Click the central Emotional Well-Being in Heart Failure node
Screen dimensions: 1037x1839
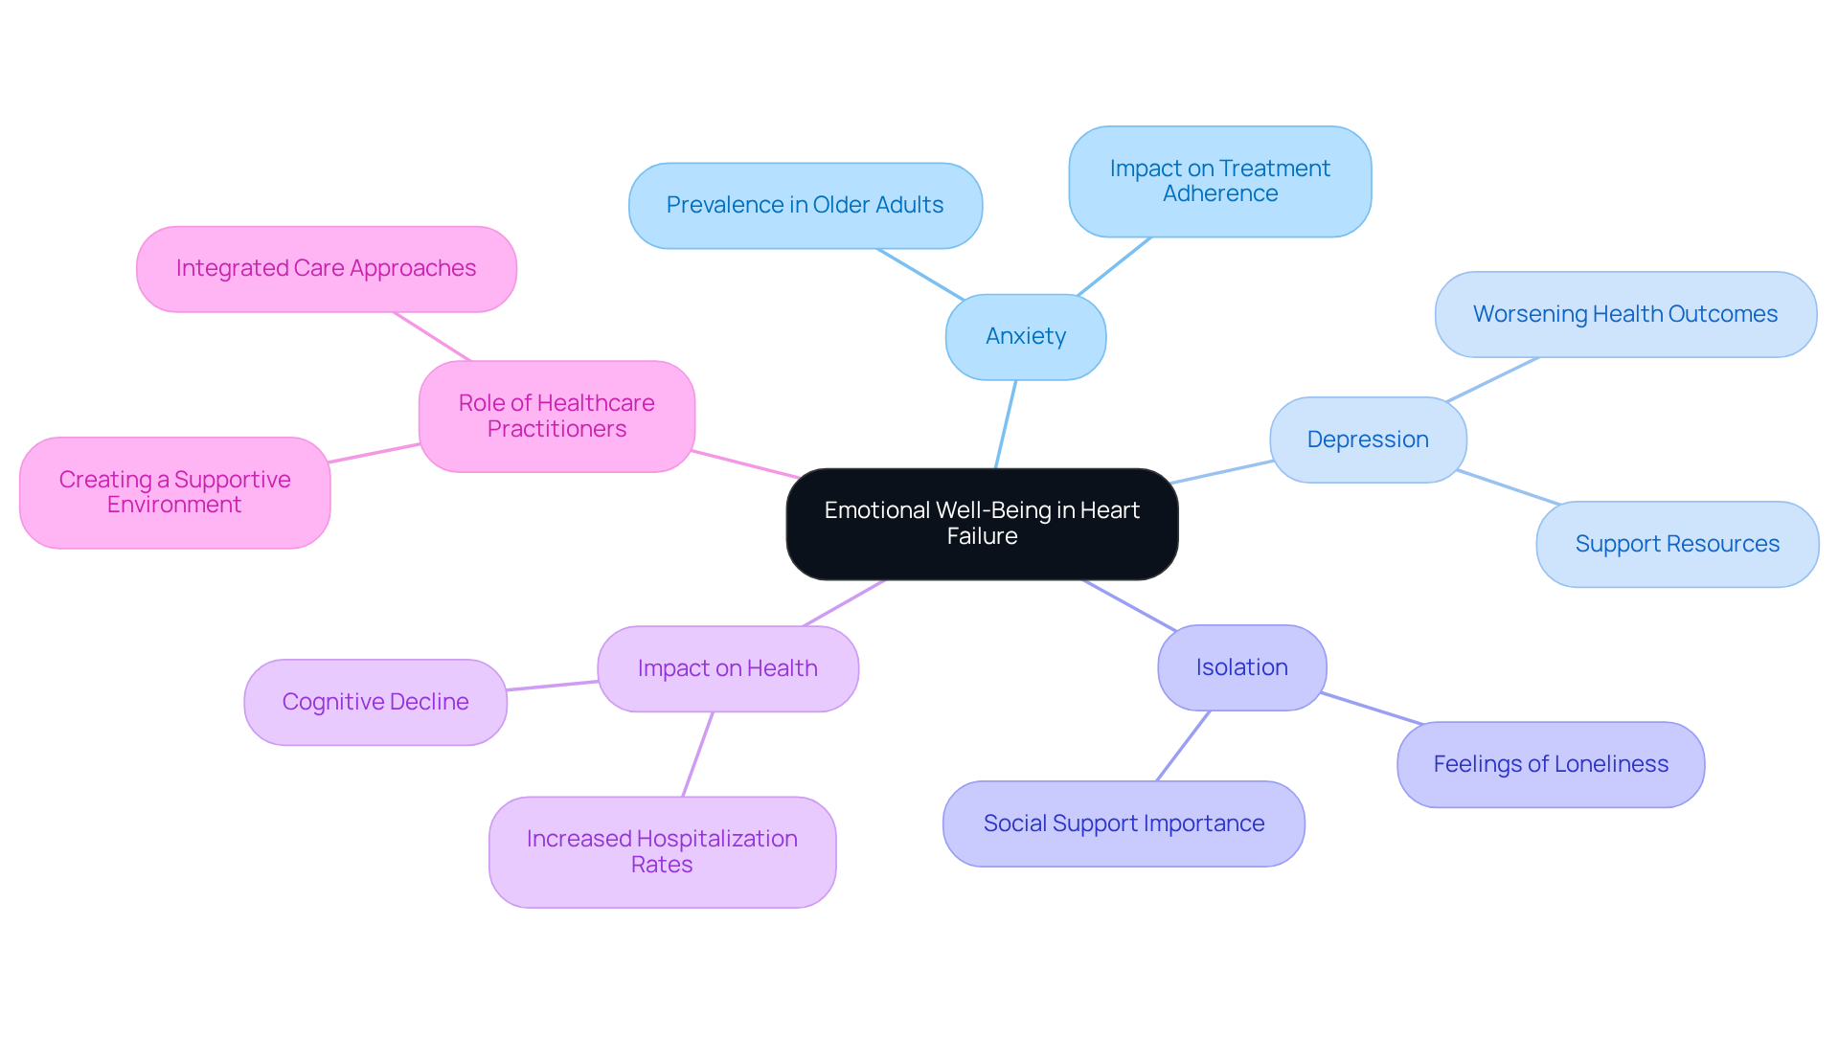coord(982,524)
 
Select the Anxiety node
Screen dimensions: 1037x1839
coord(1026,337)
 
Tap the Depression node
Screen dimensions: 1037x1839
coord(1368,440)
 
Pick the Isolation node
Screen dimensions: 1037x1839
coord(1241,667)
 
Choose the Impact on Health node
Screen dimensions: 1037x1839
coord(728,668)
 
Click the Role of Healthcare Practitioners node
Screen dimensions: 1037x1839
coord(556,416)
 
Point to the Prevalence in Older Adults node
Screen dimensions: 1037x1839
coord(805,205)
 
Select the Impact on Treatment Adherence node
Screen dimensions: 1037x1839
coord(1219,181)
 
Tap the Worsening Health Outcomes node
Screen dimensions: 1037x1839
coord(1625,314)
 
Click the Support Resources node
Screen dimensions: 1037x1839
coord(1677,544)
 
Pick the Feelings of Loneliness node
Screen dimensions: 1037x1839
coord(1551,764)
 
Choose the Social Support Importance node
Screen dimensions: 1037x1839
coord(1124,823)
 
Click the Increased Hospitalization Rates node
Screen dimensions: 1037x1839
coord(662,851)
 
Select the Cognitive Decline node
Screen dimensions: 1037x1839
coord(375,702)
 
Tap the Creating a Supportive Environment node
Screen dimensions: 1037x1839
coord(174,492)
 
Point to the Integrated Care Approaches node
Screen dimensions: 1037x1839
coord(326,268)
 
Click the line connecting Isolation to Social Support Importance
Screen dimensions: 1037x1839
coord(1184,746)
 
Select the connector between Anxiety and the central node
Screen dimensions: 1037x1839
coord(1006,424)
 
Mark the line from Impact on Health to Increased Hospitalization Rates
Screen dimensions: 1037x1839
coord(698,754)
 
